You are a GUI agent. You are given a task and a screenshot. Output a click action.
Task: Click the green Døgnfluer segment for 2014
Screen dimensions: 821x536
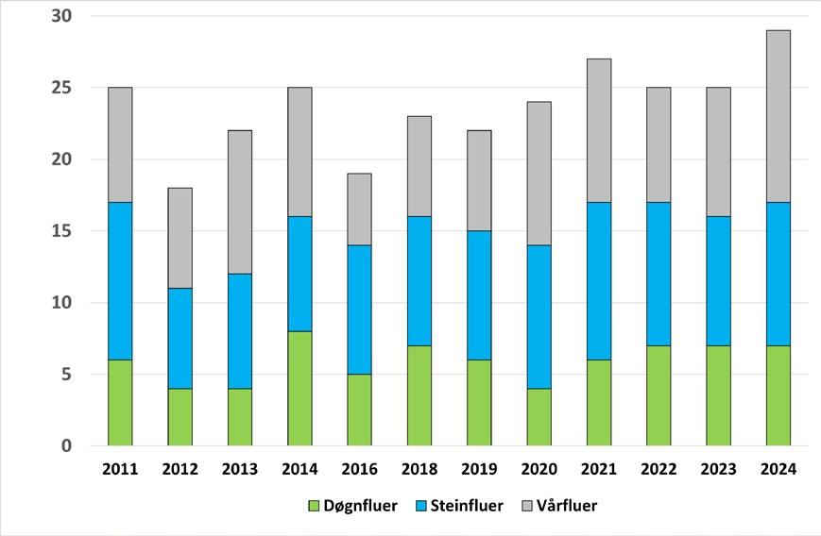pos(299,389)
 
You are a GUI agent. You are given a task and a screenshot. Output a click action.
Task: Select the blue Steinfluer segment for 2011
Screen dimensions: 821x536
pos(120,281)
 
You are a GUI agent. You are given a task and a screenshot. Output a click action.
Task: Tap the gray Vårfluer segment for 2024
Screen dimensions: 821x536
pos(778,116)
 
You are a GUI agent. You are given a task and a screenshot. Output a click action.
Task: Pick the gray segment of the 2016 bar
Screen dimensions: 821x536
pos(359,209)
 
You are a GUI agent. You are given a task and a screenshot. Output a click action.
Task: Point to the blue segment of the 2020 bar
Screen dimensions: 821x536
pos(539,317)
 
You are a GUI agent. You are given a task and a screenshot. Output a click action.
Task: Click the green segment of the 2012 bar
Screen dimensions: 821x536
pos(180,417)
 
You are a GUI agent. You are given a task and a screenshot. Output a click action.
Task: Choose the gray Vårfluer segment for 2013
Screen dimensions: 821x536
pos(240,202)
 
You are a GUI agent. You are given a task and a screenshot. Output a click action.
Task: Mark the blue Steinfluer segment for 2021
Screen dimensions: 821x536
pos(598,281)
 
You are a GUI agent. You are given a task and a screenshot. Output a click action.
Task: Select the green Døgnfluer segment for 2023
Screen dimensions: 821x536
pos(718,395)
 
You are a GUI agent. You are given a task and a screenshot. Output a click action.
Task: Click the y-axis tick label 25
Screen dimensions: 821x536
pos(61,88)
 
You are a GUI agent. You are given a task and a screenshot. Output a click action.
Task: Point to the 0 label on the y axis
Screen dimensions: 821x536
pos(66,446)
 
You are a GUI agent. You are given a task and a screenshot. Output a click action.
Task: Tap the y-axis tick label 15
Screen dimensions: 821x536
pos(61,230)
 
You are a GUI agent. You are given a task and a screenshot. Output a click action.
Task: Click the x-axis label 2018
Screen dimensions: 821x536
pos(419,469)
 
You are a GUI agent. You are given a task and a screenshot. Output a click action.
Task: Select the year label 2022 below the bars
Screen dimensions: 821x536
pos(659,469)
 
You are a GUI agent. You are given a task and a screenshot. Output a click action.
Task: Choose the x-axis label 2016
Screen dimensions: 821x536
pos(359,469)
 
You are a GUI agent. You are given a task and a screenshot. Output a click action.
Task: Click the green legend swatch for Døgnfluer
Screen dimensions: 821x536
pos(314,506)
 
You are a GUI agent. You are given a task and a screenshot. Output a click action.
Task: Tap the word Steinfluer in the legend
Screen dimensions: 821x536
pos(467,506)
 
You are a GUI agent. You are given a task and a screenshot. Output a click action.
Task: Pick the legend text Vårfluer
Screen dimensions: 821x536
pos(567,505)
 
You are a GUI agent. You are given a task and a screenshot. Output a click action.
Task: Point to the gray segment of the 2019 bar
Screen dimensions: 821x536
pos(479,180)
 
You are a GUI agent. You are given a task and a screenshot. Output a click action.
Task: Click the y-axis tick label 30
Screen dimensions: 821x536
pos(61,16)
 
